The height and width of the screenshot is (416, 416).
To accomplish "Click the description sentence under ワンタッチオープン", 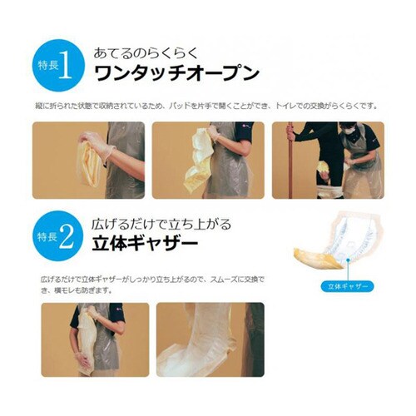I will pyautogui.click(x=207, y=106).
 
